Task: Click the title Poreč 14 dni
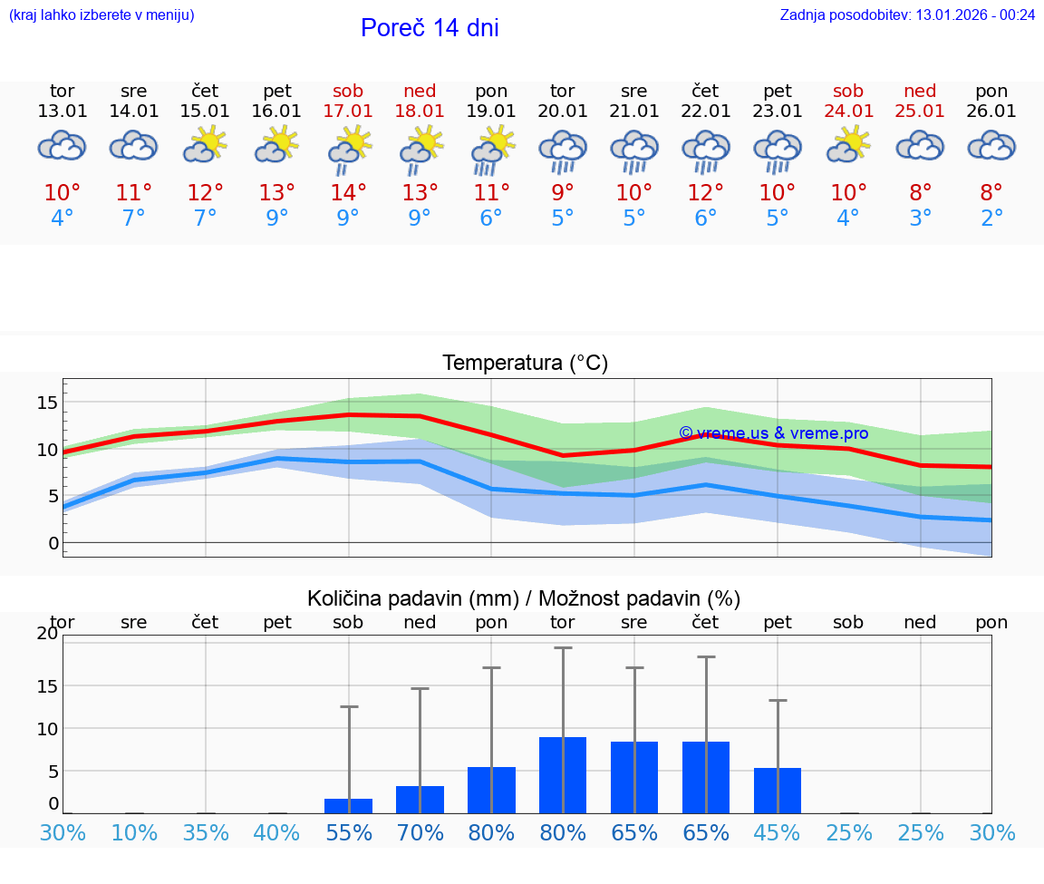click(x=430, y=28)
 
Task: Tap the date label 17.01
click(x=348, y=112)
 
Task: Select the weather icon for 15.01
click(x=206, y=145)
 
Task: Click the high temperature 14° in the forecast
click(x=348, y=193)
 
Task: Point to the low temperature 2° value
click(x=991, y=219)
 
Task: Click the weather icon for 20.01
click(x=563, y=150)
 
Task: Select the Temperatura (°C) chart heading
click(x=525, y=364)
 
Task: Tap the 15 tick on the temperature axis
click(x=47, y=403)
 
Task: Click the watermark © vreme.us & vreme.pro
click(x=773, y=433)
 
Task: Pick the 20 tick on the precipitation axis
click(x=47, y=634)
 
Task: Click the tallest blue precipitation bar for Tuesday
click(x=563, y=775)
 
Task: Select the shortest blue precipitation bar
click(x=348, y=806)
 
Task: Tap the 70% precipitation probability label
click(x=420, y=832)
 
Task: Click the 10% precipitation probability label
click(x=134, y=832)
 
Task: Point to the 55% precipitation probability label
click(x=348, y=832)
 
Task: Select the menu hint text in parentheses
click(x=101, y=15)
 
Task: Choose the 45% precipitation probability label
click(x=778, y=832)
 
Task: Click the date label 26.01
click(x=991, y=112)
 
